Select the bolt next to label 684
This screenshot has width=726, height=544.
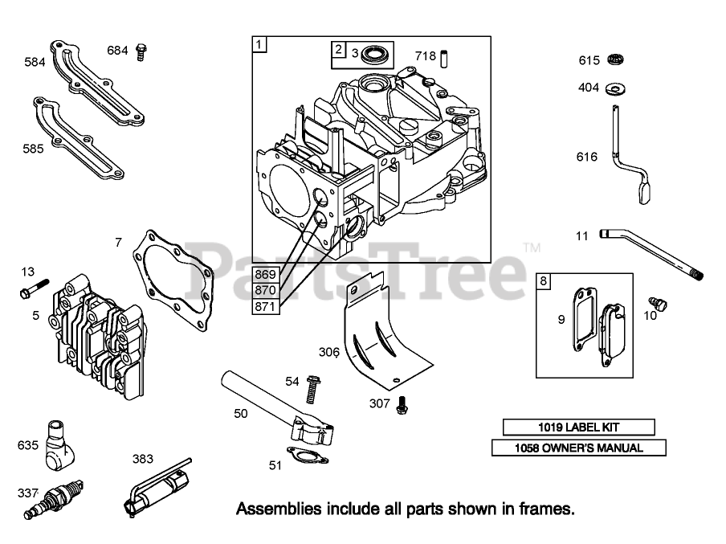click(x=142, y=51)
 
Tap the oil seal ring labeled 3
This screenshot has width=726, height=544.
click(x=374, y=55)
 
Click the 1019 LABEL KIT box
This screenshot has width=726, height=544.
click(x=578, y=427)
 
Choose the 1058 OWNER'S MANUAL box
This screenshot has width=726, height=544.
click(x=578, y=448)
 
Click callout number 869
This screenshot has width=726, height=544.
click(x=265, y=273)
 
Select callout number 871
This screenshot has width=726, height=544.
click(x=265, y=305)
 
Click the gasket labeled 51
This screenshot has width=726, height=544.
click(x=307, y=455)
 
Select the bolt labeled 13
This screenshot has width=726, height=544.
click(x=37, y=286)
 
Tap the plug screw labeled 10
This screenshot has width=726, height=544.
click(x=660, y=304)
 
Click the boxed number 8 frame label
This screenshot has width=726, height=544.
click(x=544, y=280)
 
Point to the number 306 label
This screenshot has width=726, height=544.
click(x=328, y=351)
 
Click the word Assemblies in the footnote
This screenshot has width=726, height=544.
click(x=272, y=508)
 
